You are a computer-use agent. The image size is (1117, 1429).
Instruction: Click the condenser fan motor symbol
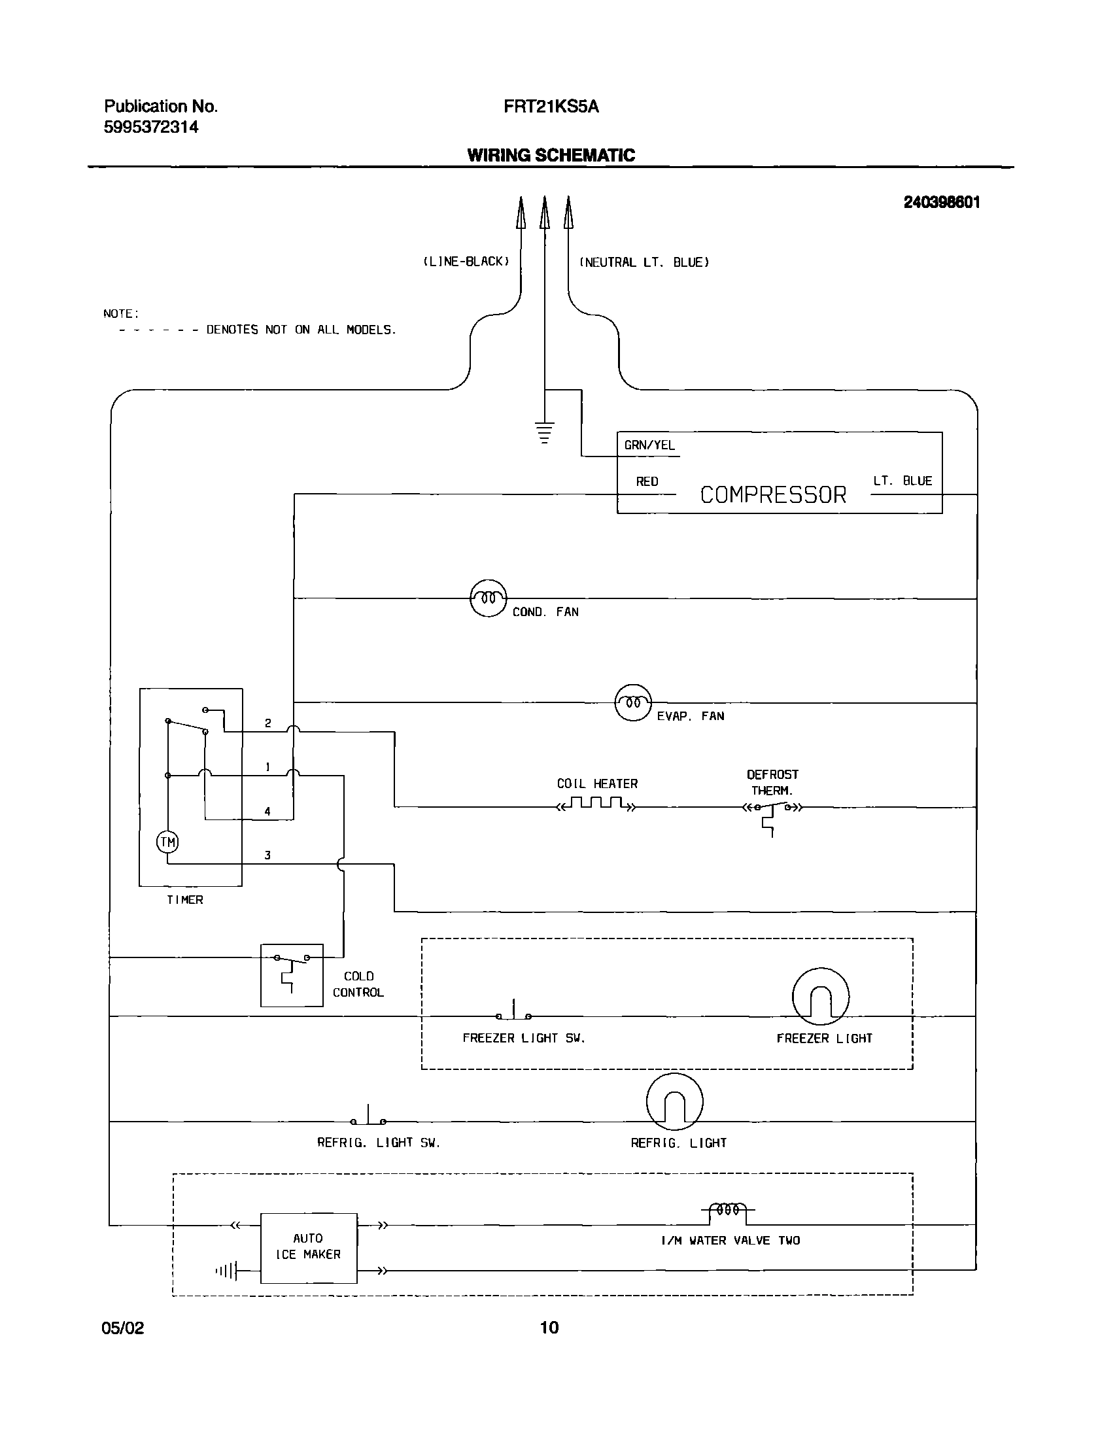(488, 598)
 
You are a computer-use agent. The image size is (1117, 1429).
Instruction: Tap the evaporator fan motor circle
(633, 702)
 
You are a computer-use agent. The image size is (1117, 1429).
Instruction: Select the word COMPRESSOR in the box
(773, 494)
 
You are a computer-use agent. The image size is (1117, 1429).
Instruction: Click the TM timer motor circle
(167, 842)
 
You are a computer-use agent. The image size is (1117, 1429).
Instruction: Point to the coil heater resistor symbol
(596, 804)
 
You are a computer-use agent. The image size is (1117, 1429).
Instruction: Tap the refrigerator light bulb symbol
(675, 1102)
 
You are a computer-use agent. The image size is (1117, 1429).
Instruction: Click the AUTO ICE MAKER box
(309, 1248)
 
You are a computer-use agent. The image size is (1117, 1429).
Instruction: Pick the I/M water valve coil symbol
(728, 1211)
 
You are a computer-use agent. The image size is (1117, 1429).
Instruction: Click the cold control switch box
(292, 975)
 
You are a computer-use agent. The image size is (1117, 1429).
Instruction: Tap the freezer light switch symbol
(513, 1012)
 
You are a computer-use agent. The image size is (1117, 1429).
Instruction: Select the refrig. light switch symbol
(368, 1117)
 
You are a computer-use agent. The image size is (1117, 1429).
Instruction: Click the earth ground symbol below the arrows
(543, 432)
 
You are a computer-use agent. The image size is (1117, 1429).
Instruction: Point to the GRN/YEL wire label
(649, 445)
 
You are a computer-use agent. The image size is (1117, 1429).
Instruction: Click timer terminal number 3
(267, 855)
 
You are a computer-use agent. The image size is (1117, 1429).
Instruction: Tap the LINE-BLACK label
(465, 262)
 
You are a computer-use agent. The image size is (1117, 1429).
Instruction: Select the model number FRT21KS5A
(551, 107)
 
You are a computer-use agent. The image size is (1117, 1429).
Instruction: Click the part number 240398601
(942, 202)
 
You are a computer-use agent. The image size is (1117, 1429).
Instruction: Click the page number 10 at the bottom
(549, 1327)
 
